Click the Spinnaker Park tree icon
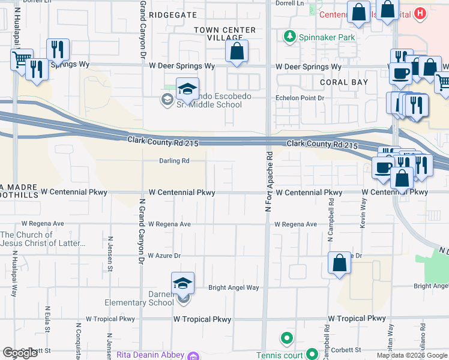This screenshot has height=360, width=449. pos(291,37)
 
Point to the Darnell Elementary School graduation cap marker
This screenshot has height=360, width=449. pos(182,284)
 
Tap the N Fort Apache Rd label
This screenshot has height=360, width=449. pos(270,171)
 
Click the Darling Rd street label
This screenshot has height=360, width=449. pos(174,161)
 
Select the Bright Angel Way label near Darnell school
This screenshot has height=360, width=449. pos(234,287)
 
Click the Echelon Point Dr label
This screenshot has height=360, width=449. pos(300,97)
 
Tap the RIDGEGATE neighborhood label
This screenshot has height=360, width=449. pos(176,13)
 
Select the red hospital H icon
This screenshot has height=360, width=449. pos(420,13)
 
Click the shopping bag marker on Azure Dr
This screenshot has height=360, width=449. pos(339,263)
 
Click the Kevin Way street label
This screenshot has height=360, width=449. pos(363,214)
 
